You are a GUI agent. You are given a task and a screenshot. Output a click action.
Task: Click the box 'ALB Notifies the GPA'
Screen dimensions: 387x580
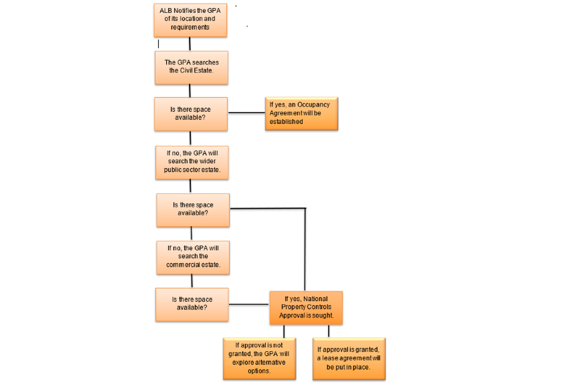click(x=190, y=19)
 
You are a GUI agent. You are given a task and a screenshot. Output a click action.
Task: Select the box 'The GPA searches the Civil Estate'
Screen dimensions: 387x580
click(x=191, y=67)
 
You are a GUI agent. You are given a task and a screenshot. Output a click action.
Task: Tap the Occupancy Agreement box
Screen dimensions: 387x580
click(x=301, y=113)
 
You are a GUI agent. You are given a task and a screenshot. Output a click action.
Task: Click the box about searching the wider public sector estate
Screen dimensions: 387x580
click(x=192, y=161)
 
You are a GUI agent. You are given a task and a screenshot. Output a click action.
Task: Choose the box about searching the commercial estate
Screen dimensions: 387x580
click(x=193, y=256)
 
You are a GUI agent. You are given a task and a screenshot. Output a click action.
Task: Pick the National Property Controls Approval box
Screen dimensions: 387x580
click(x=306, y=307)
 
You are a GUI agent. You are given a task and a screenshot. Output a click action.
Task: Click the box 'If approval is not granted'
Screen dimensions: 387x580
click(x=259, y=358)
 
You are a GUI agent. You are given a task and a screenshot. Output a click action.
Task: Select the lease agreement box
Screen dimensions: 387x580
click(x=349, y=358)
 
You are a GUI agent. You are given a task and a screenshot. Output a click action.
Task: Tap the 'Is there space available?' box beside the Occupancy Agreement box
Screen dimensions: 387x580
click(x=191, y=114)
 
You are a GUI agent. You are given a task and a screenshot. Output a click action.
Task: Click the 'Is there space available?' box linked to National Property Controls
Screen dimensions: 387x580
click(x=192, y=304)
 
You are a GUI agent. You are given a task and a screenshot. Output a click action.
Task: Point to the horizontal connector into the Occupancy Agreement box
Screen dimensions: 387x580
click(x=246, y=113)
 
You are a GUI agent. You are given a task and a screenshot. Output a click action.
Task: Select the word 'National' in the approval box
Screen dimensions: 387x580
click(x=317, y=298)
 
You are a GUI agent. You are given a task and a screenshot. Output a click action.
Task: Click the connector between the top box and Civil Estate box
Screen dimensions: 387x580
click(x=190, y=44)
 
